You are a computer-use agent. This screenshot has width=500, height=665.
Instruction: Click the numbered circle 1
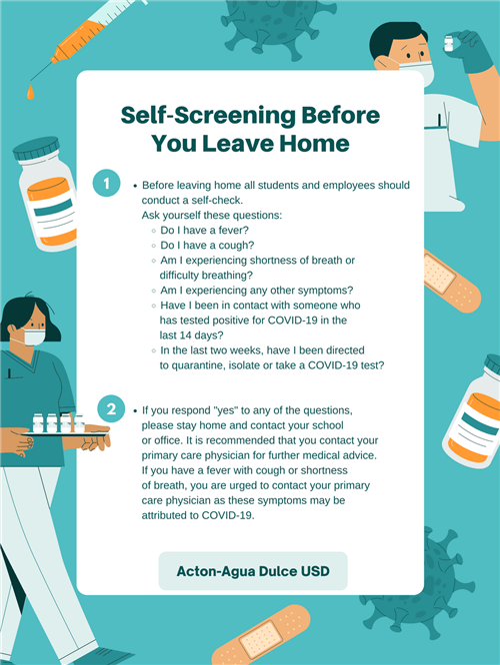point(106,183)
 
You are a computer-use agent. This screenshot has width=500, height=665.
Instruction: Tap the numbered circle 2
point(111,408)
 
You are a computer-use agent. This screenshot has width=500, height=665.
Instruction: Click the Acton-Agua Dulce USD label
point(253,571)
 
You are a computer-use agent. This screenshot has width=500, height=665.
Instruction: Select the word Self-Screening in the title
point(208,115)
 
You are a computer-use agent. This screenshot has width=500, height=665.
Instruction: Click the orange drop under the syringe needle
point(30,92)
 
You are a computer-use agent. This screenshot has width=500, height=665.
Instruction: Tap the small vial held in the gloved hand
point(449,44)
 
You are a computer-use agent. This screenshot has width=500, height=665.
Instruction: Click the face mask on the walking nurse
point(34,337)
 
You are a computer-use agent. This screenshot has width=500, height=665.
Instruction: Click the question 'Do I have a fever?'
point(204,231)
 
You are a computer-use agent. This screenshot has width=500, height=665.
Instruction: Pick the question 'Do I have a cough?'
point(207,246)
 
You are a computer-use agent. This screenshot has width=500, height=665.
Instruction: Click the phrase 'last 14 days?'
point(191,335)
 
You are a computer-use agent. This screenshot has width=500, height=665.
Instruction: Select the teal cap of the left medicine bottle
point(36,149)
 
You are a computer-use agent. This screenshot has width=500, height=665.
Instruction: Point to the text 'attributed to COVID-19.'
point(198,515)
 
